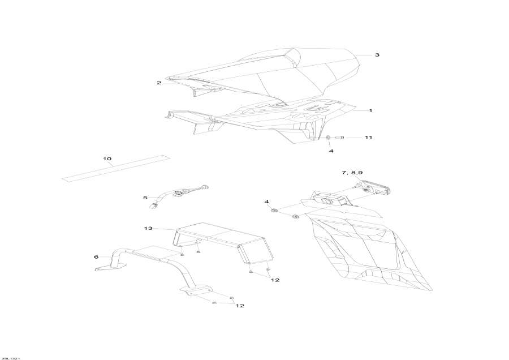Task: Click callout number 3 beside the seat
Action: point(377,55)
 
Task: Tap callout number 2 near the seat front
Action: point(159,83)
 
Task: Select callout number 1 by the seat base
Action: point(370,110)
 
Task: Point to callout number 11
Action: point(368,138)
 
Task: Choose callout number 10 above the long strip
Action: point(107,158)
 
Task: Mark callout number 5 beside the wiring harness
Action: point(145,198)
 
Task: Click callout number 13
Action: point(148,229)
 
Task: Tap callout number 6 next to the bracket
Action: point(96,257)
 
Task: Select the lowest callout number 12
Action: point(240,306)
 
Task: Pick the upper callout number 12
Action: point(275,280)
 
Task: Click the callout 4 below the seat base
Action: point(331,151)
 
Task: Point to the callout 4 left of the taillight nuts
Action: point(266,202)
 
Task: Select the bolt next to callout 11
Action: point(340,138)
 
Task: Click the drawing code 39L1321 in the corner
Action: point(11,357)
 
